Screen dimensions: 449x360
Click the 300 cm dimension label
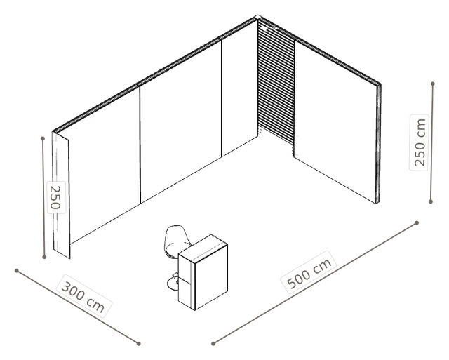coord(83,296)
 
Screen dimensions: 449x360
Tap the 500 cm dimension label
coord(309,272)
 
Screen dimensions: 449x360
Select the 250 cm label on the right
coord(420,142)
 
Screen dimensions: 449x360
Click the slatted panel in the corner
coord(276,83)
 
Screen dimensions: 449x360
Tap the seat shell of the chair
coord(176,240)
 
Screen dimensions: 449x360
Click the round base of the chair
coord(173,284)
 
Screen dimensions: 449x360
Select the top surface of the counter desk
coord(203,249)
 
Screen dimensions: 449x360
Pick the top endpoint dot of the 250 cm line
coord(433,84)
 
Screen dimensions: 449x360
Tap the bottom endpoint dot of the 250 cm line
coord(430,201)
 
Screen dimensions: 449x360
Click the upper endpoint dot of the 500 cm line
coord(417,223)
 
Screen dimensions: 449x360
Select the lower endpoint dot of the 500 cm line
coord(213,343)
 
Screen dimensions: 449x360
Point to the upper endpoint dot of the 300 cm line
coord(17,271)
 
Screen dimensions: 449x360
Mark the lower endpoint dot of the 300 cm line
coord(138,343)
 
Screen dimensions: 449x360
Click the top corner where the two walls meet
coord(257,17)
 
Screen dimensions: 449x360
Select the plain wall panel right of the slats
coord(335,120)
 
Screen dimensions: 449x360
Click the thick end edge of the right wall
coord(379,143)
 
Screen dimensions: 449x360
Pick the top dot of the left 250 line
coord(43,139)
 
